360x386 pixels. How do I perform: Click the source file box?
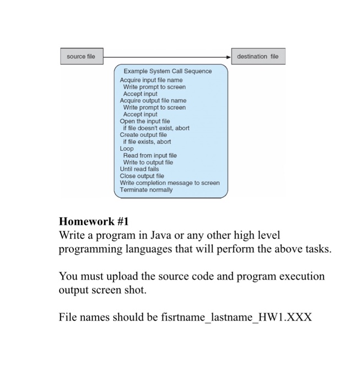[81, 56]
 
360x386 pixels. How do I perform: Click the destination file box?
[258, 56]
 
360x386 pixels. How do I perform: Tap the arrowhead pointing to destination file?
[230, 56]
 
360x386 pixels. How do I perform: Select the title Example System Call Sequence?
[168, 71]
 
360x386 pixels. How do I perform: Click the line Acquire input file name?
[151, 81]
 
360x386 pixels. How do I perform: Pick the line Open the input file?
[145, 121]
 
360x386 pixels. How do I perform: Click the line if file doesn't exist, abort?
[156, 128]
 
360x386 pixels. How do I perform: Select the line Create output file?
[143, 135]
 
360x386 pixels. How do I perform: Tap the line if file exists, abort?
[147, 142]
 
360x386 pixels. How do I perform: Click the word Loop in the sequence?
[127, 148]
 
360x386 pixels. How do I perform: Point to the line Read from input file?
[150, 156]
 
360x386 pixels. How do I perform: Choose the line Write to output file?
[148, 163]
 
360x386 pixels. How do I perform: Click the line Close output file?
[142, 176]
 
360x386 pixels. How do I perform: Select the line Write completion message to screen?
[170, 183]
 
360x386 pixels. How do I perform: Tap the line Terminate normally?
[146, 190]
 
